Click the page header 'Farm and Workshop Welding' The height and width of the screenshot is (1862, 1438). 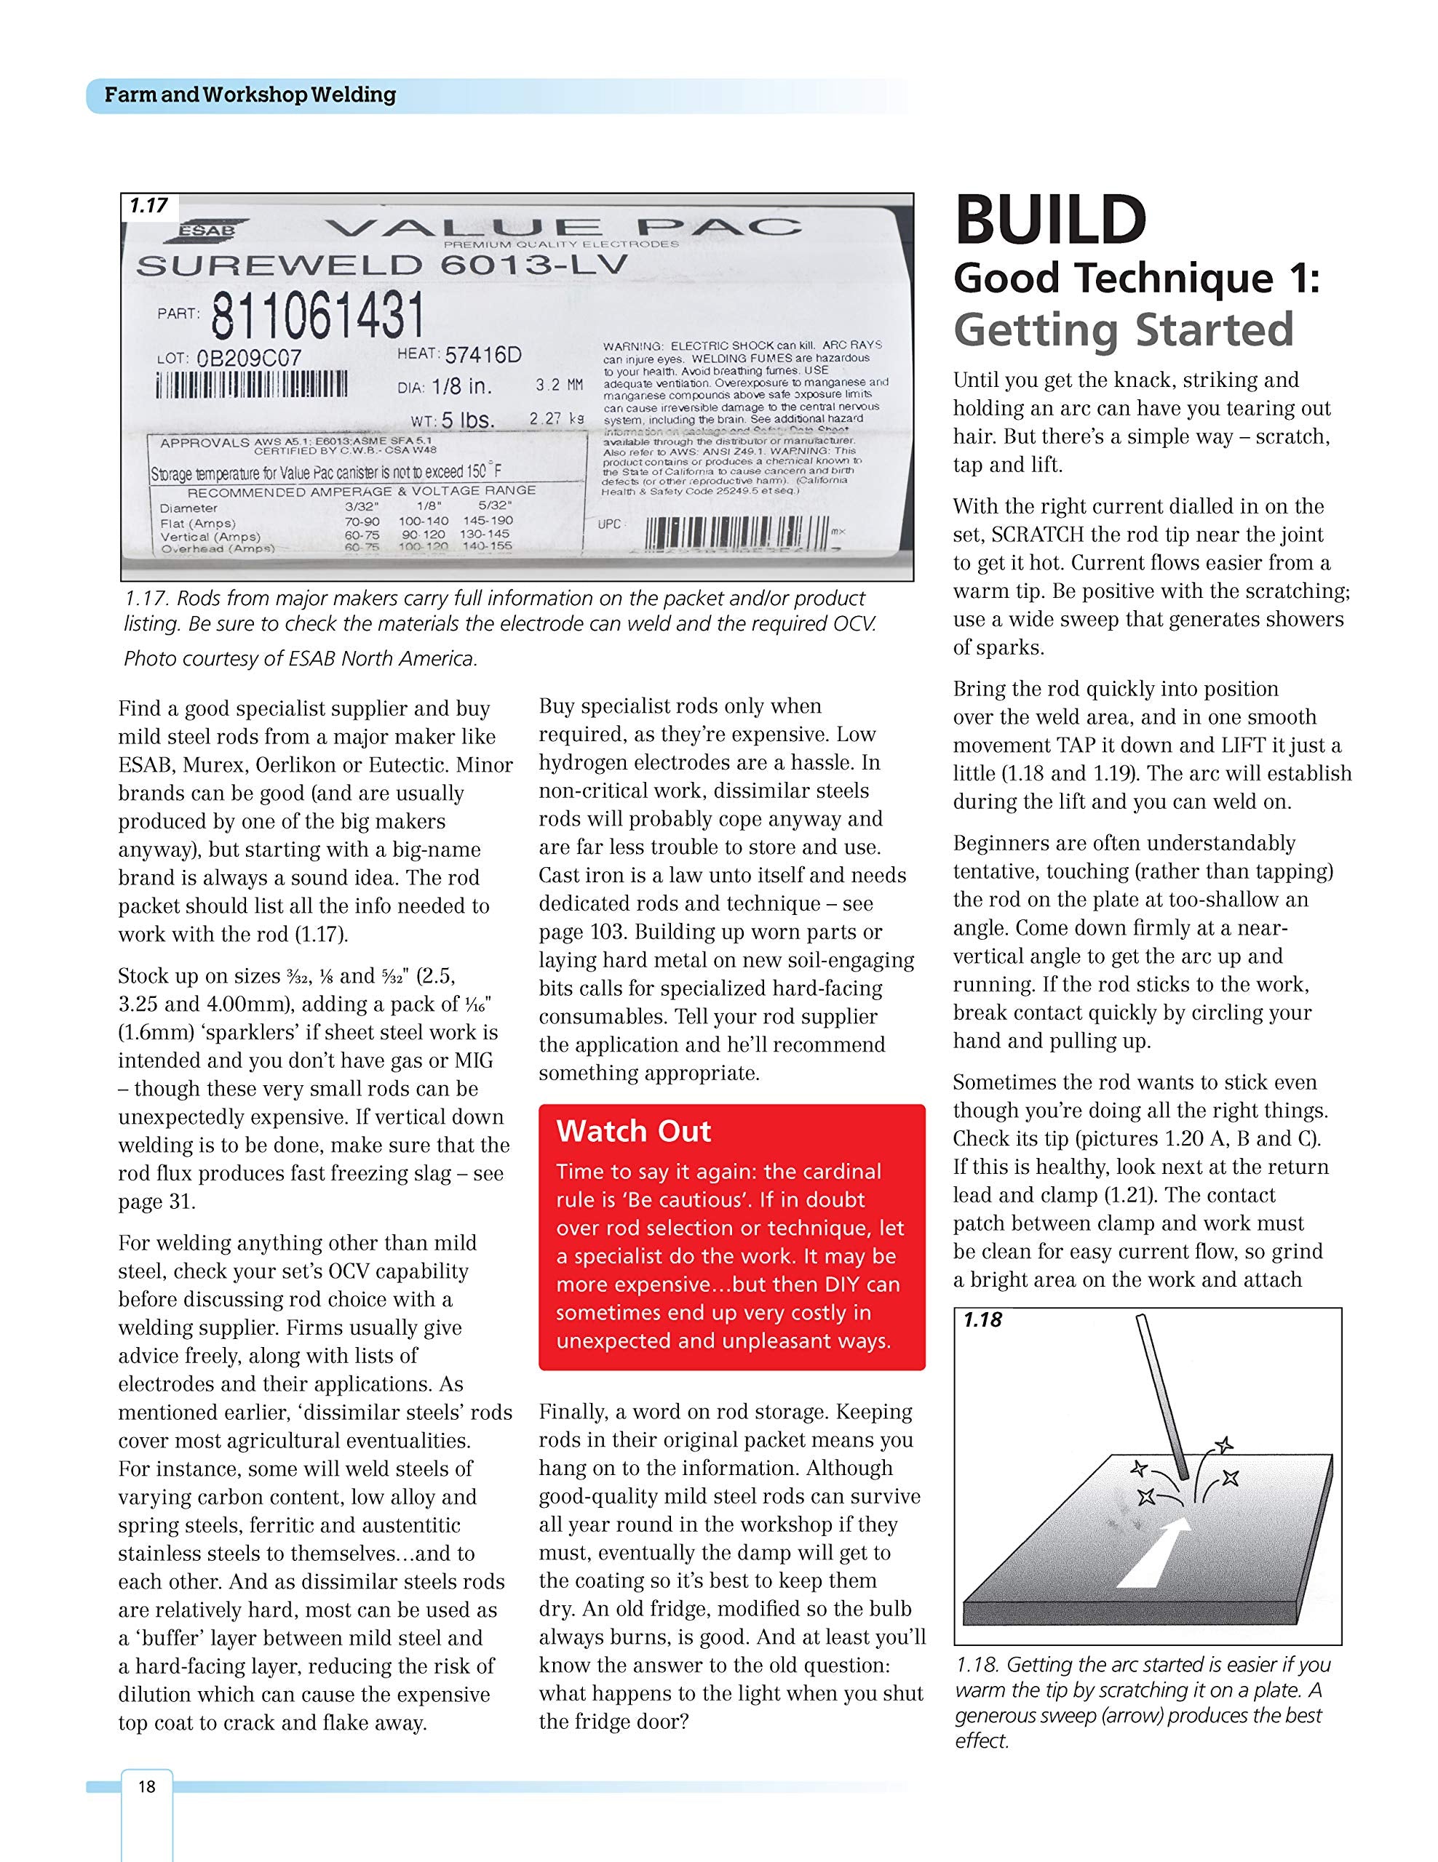250,95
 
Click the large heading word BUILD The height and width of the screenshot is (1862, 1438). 1050,221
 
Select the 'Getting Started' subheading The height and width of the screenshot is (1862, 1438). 1124,330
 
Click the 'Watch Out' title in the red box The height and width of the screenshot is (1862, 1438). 634,1130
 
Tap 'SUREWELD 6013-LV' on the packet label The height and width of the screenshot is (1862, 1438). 382,265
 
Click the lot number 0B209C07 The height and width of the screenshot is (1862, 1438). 249,359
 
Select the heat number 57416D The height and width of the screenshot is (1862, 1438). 482,355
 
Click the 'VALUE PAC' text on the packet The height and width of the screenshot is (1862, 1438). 564,227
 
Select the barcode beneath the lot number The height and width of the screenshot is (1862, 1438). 252,386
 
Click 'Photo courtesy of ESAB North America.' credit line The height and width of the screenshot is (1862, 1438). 301,658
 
